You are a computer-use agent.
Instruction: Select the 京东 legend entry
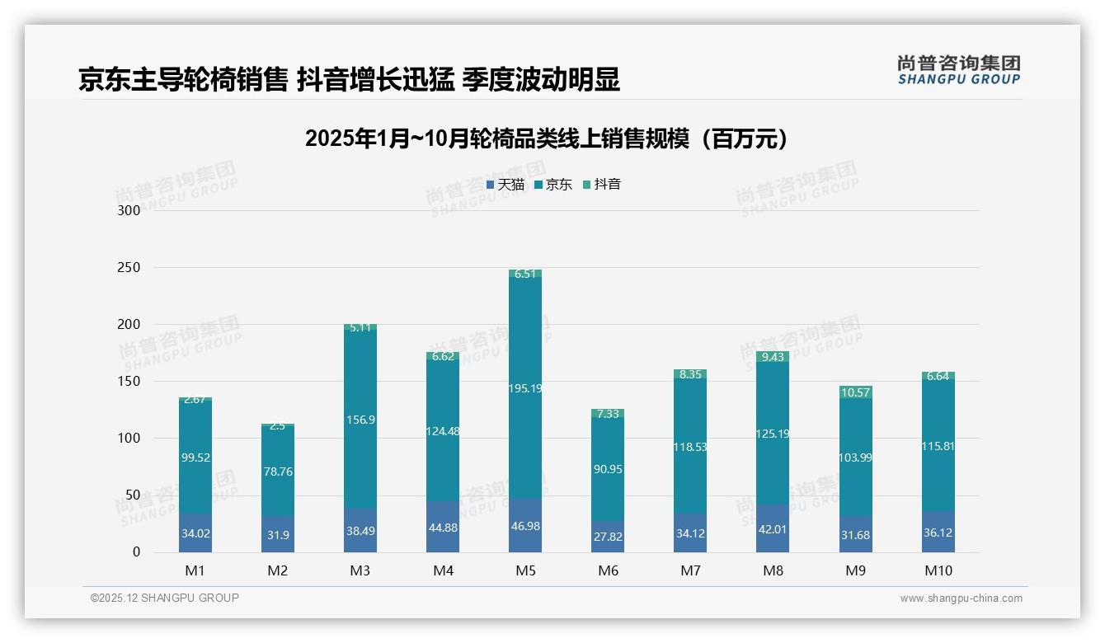[x=552, y=185]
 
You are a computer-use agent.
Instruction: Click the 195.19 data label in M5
[x=525, y=388]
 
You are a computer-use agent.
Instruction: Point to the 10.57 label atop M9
[x=856, y=392]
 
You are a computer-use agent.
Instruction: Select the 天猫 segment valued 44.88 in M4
[x=443, y=528]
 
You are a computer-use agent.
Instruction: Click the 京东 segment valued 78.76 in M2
[x=278, y=472]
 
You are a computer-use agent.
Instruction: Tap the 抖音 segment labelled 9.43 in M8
[x=773, y=357]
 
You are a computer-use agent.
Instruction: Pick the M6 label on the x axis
[x=608, y=570]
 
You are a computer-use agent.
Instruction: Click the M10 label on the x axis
[x=938, y=570]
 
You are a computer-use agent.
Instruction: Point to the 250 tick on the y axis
[x=129, y=268]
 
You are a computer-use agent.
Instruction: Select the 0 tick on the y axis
[x=137, y=552]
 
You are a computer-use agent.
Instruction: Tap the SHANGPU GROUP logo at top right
[x=958, y=70]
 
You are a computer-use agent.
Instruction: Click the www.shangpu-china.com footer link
[x=961, y=598]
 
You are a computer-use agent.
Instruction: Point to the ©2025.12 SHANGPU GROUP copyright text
[x=165, y=598]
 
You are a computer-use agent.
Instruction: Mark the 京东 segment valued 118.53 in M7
[x=690, y=447]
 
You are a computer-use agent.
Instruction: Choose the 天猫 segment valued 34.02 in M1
[x=195, y=533]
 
